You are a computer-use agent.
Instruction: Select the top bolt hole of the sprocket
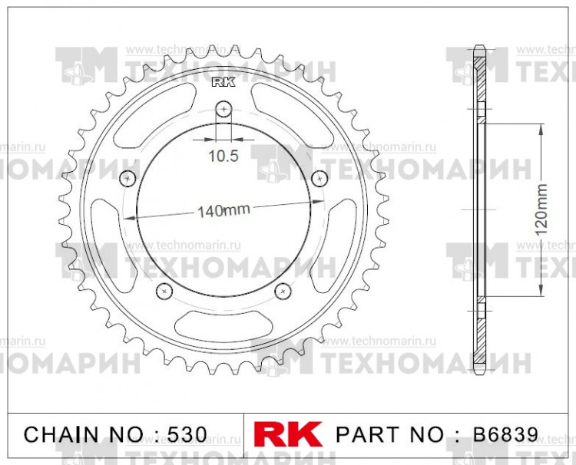pyautogui.click(x=223, y=109)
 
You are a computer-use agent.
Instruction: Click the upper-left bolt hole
pyautogui.click(x=128, y=179)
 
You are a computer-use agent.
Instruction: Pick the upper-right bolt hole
pyautogui.click(x=319, y=179)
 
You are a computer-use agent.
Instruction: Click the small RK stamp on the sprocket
pyautogui.click(x=221, y=84)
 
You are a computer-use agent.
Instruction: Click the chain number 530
pyautogui.click(x=187, y=434)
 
